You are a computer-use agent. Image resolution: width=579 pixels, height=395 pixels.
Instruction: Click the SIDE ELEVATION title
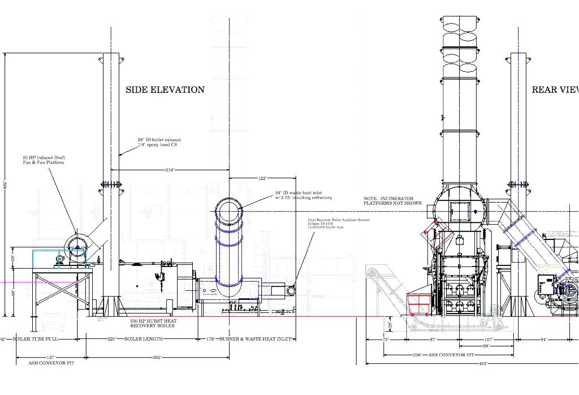pyautogui.click(x=165, y=89)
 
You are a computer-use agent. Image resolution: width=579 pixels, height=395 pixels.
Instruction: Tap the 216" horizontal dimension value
pyautogui.click(x=170, y=169)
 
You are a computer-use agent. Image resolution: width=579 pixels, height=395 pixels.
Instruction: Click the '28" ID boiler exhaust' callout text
pyautogui.click(x=159, y=142)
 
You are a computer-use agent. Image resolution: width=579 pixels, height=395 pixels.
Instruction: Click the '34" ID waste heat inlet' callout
pyautogui.click(x=304, y=195)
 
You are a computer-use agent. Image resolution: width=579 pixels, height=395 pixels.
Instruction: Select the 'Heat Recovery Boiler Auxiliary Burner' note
pyautogui.click(x=338, y=222)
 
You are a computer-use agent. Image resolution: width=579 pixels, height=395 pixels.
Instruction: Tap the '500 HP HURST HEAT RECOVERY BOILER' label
pyautogui.click(x=153, y=324)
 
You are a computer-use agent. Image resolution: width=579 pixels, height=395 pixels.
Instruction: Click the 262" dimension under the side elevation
pyautogui.click(x=157, y=357)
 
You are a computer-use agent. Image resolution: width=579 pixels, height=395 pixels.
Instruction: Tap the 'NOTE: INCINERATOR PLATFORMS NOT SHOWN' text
pyautogui.click(x=392, y=200)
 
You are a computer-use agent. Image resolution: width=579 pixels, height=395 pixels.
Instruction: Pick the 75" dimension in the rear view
pyautogui.click(x=386, y=340)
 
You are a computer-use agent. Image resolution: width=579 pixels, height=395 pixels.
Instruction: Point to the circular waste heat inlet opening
pyautogui.click(x=230, y=212)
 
